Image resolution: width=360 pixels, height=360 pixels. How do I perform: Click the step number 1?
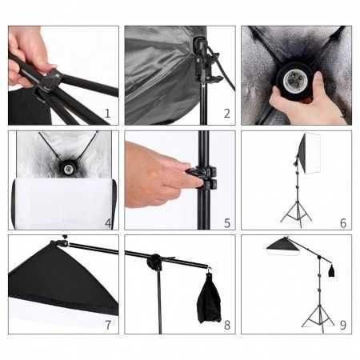tap(107, 114)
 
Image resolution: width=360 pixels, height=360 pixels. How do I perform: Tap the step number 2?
tap(226, 114)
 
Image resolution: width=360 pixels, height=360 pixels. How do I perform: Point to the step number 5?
tap(226, 223)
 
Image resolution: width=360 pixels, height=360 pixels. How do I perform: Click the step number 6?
tap(342, 222)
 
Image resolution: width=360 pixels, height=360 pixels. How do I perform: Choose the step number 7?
tap(108, 324)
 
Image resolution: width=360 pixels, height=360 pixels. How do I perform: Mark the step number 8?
tap(226, 324)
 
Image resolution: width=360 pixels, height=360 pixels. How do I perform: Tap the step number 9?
tap(342, 324)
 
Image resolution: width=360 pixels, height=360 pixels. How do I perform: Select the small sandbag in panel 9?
tap(331, 270)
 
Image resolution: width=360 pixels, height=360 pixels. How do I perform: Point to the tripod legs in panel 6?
tap(297, 211)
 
